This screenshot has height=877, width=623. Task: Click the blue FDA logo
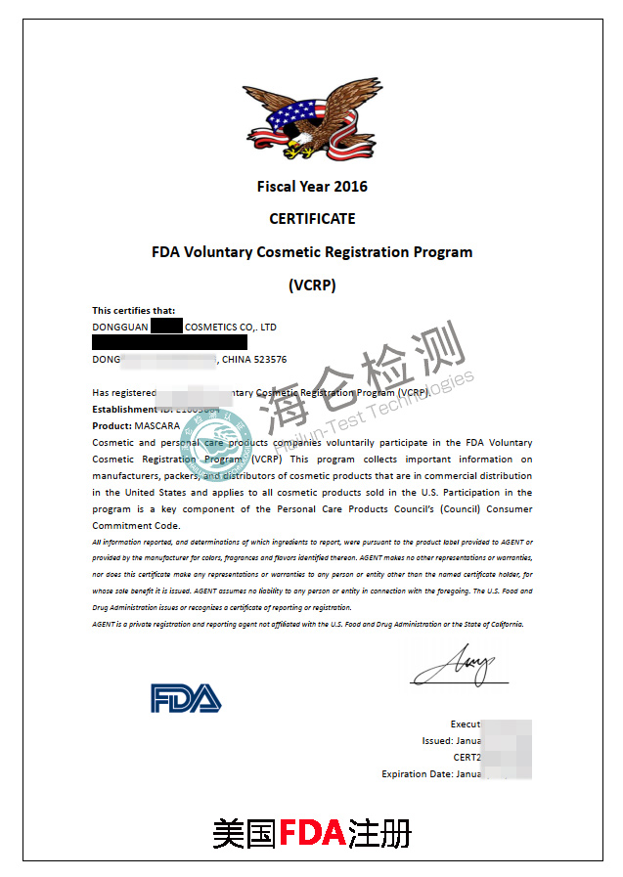coord(186,697)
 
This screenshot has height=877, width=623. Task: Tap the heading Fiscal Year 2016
coord(312,186)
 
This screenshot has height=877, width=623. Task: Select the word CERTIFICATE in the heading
coord(312,218)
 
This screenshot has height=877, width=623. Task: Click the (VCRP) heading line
coord(312,285)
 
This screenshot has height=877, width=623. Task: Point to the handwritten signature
coord(456,668)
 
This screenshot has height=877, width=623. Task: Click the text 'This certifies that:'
coord(134,311)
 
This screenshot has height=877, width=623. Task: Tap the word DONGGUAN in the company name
coord(119,327)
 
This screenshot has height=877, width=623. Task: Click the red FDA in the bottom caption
coord(312,833)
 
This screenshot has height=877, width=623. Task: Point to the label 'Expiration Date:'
coord(417,773)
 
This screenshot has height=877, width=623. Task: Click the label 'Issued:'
coord(437,741)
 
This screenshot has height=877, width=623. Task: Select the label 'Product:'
coord(112,425)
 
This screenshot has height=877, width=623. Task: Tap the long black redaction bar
coord(169,343)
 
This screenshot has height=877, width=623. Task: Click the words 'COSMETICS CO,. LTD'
coord(231,327)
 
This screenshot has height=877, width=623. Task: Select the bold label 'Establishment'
coord(125,410)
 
